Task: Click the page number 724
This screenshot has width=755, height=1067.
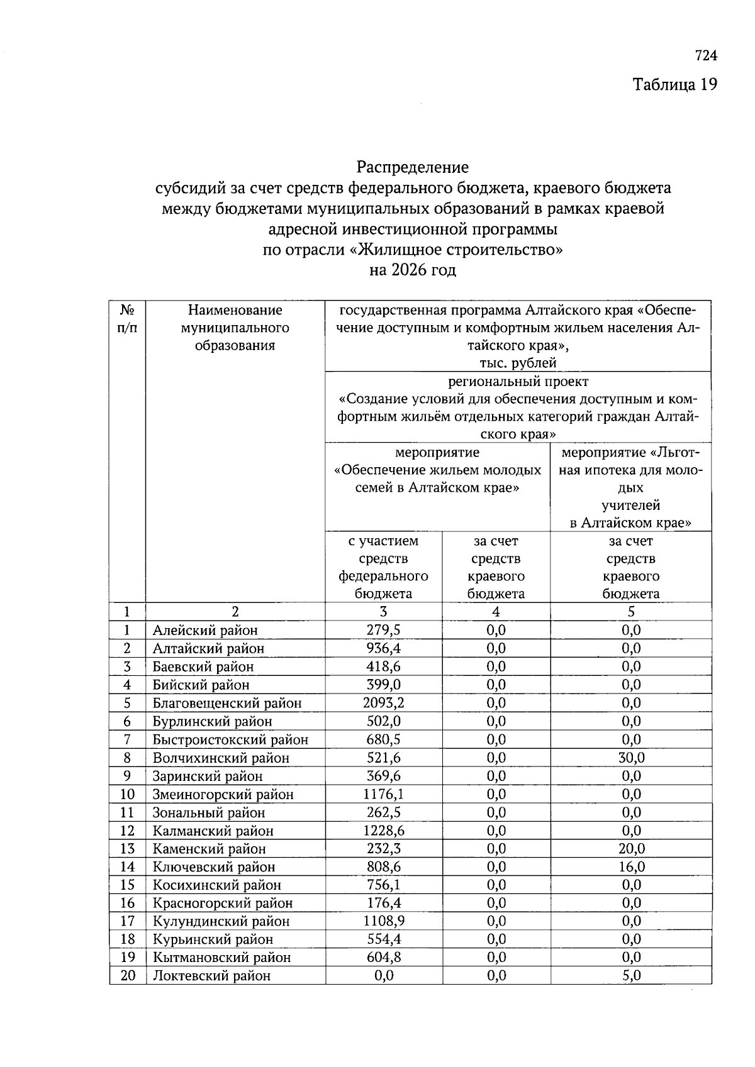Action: [706, 56]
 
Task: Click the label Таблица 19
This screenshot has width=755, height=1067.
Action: [674, 84]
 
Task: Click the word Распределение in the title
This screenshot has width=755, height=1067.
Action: [413, 167]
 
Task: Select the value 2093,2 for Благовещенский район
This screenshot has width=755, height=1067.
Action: [383, 703]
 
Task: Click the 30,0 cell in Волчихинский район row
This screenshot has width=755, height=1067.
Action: [631, 758]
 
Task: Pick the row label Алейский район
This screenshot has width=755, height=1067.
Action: [205, 630]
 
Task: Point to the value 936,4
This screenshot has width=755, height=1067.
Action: [383, 648]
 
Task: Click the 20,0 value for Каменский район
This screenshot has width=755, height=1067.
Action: [631, 849]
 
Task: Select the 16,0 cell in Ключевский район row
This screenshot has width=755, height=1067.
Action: [631, 867]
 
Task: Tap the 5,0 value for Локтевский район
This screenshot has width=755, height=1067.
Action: [631, 976]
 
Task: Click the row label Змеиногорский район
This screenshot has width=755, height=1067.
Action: [223, 794]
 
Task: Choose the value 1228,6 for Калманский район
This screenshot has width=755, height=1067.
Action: [383, 831]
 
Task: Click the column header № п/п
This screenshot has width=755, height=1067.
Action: [127, 319]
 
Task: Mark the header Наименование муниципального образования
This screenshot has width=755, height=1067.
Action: [235, 328]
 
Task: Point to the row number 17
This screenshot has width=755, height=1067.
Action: [127, 921]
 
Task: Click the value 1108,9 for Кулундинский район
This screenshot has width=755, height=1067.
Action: [383, 921]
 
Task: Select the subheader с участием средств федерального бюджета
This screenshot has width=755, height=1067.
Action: [383, 567]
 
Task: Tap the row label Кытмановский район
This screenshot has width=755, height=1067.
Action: [221, 958]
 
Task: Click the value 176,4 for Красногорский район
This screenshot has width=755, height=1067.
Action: [383, 903]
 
